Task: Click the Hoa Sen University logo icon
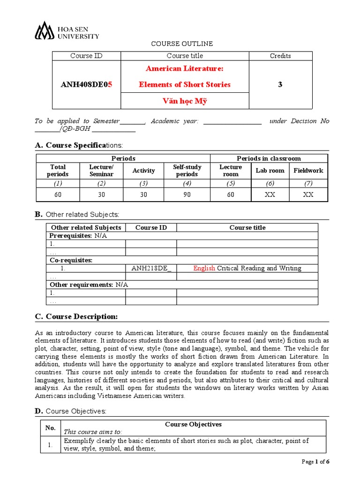coord(45,30)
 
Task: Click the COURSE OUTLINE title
coord(181,44)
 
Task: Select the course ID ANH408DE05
coord(87,85)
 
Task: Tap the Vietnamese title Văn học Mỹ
coord(185,101)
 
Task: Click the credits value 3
coord(280,85)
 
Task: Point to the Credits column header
coord(280,56)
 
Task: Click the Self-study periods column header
coord(187,171)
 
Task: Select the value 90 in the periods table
coord(187,195)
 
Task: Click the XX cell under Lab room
coord(270,195)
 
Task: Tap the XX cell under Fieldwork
coord(308,195)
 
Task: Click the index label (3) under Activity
coord(143,183)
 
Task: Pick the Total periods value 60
coord(58,195)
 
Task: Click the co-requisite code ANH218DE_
coord(151,269)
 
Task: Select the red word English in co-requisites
coord(204,269)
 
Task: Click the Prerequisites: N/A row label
coord(78,236)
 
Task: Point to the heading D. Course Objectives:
coord(77,411)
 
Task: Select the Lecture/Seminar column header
coord(102,171)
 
